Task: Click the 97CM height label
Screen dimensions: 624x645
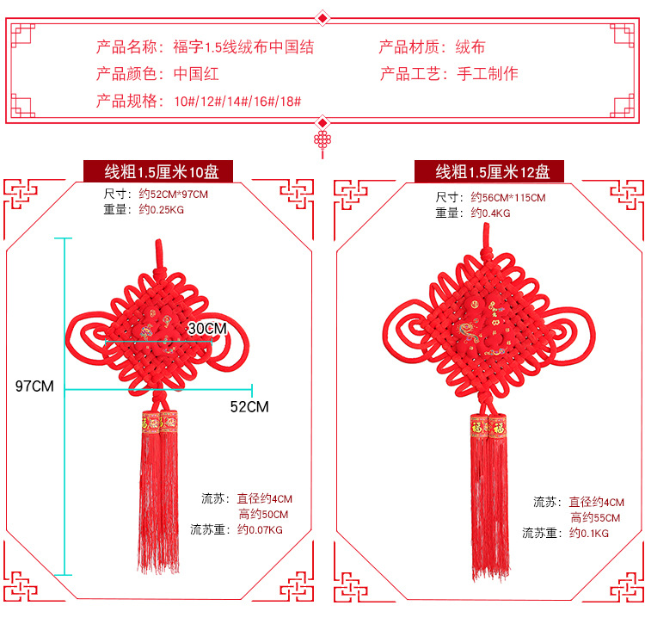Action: coord(34,386)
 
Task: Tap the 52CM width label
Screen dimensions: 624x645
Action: coord(249,406)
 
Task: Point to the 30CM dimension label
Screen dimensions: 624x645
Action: coord(207,328)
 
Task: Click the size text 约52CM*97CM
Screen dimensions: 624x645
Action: coord(174,195)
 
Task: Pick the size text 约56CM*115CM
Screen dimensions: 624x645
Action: coord(508,198)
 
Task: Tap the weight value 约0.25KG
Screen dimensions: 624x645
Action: coord(162,209)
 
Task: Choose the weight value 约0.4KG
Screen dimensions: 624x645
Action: coord(490,213)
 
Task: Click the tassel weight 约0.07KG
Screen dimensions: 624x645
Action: coord(260,529)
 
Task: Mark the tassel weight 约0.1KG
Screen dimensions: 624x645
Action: coord(589,533)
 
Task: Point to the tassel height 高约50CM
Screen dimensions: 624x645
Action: coord(263,514)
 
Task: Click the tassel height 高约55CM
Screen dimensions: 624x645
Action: coord(594,517)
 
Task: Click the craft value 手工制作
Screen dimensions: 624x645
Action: coord(487,74)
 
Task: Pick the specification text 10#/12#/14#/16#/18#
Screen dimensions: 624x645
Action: coord(237,102)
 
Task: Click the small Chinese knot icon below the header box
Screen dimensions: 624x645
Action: coord(322,142)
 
